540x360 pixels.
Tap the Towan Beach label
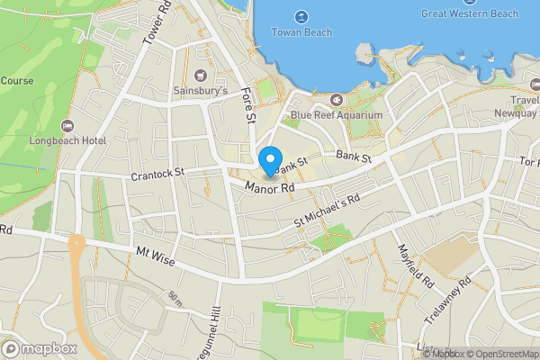pos(301,32)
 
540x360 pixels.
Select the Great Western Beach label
pos(469,13)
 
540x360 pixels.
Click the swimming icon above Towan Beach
pos(301,16)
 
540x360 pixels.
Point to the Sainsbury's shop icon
pos(201,75)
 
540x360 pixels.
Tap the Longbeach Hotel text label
pos(67,140)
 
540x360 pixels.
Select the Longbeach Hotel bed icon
pos(67,125)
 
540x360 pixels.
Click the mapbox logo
pos(40,348)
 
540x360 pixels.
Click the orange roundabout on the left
pos(76,243)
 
